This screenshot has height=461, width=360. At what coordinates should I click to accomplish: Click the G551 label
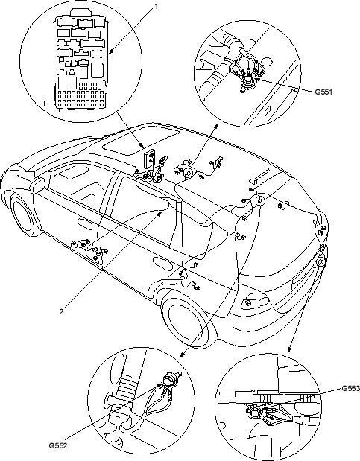click(323, 92)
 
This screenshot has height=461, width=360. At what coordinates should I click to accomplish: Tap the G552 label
click(58, 445)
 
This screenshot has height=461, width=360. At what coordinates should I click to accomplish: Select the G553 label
click(350, 388)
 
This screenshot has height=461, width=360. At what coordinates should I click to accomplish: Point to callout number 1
click(157, 6)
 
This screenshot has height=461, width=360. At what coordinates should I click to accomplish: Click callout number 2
click(61, 311)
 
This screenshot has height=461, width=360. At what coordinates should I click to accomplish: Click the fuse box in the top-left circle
click(80, 60)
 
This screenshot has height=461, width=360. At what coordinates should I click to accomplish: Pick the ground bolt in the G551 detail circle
click(247, 81)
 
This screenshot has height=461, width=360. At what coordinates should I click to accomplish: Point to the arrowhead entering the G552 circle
click(182, 355)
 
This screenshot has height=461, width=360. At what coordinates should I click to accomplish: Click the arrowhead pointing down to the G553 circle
click(289, 349)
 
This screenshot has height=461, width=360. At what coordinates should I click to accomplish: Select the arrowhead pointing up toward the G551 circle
click(216, 126)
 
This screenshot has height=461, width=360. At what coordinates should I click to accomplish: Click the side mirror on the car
click(37, 185)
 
